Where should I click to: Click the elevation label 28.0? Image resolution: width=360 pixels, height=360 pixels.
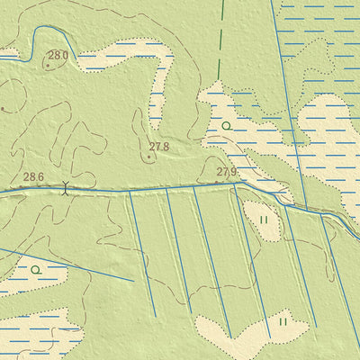[58, 56]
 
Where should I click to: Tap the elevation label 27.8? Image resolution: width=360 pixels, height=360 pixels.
[159, 146]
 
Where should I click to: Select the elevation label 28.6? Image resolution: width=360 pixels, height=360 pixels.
[34, 177]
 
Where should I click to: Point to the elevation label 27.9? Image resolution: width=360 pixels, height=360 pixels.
[227, 172]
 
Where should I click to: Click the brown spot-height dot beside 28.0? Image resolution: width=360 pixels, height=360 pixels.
[48, 66]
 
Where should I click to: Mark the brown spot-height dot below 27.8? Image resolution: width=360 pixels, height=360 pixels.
[149, 157]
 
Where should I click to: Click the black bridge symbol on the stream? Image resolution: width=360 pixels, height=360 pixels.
[65, 189]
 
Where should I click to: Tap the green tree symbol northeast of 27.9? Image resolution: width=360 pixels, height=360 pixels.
[226, 126]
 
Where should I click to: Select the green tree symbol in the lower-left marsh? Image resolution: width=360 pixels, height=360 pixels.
[35, 269]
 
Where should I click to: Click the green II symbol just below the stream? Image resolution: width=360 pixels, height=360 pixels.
[264, 220]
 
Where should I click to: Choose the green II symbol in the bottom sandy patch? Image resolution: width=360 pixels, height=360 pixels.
[283, 320]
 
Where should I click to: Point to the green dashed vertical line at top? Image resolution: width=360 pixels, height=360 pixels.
[219, 36]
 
